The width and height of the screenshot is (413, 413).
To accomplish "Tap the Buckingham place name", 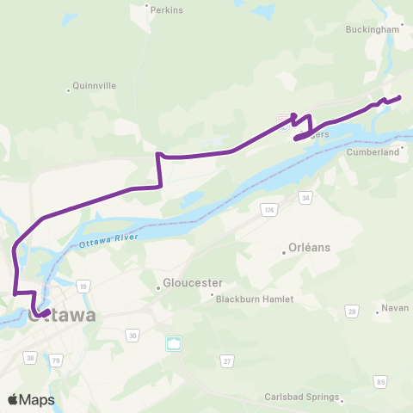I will point(373,28).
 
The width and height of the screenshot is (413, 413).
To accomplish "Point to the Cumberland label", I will point(374,151).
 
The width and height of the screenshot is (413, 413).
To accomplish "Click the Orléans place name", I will point(310,248).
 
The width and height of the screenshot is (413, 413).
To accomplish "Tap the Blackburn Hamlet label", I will point(254,299).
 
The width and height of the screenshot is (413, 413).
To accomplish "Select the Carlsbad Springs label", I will point(306,398).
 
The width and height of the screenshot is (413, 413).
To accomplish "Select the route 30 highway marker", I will point(132,335).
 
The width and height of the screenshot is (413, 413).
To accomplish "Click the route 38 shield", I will point(30,358).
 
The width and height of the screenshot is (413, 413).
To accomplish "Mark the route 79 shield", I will point(56,358).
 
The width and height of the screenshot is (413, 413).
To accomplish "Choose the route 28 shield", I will point(351,310).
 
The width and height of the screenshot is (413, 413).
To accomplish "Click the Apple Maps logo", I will point(31,399).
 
